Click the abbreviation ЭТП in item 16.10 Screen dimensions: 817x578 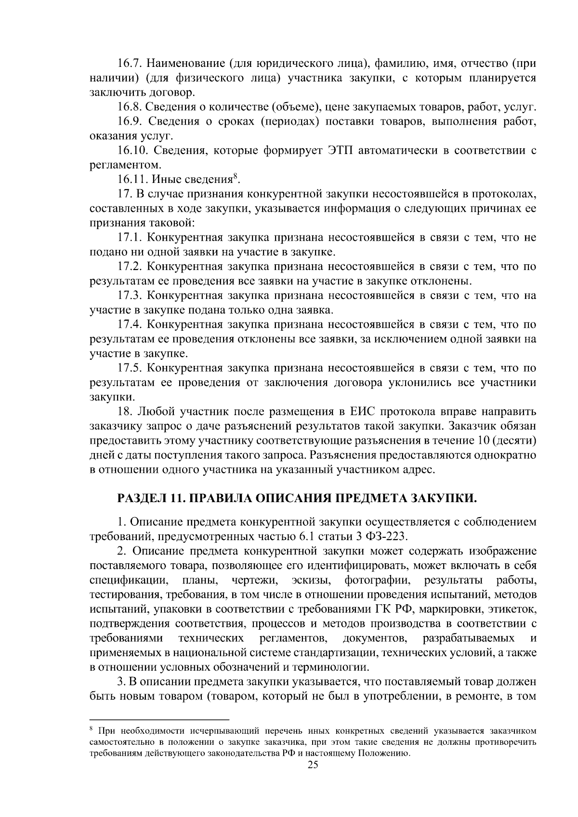pos(343,151)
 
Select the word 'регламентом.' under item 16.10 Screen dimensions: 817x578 pos(118,165)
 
